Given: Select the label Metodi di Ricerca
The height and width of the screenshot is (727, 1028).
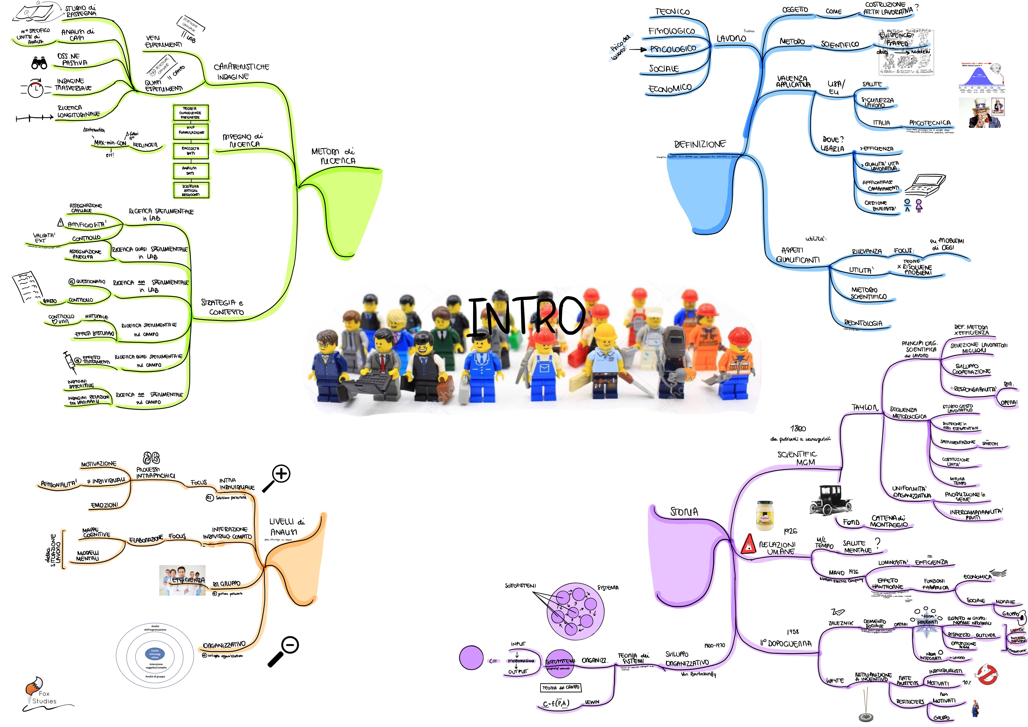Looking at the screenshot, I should [333, 156].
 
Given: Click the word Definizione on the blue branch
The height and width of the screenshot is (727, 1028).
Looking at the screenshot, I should [700, 144].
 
